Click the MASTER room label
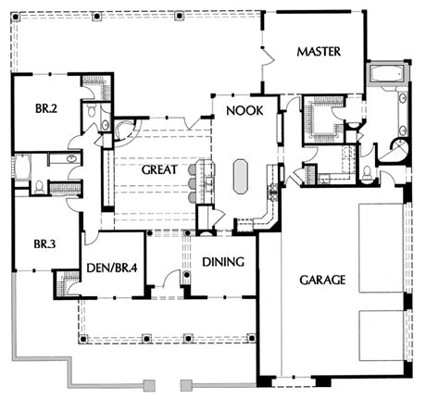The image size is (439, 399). [x=319, y=52]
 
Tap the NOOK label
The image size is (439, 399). [x=245, y=110]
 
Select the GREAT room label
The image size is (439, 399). [x=159, y=169]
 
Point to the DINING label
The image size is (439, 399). [x=223, y=262]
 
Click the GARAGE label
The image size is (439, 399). [x=322, y=280]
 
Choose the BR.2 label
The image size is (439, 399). [x=46, y=108]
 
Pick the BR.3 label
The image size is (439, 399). [x=44, y=244]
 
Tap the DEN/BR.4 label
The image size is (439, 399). [x=112, y=268]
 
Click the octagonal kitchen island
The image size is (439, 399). [x=241, y=177]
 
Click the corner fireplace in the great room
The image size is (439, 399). [x=125, y=131]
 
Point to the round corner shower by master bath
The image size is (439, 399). [x=399, y=150]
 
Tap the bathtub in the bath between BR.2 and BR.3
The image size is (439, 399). [x=21, y=168]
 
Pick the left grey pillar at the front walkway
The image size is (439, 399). [x=150, y=385]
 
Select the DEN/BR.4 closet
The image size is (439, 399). [x=67, y=283]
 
